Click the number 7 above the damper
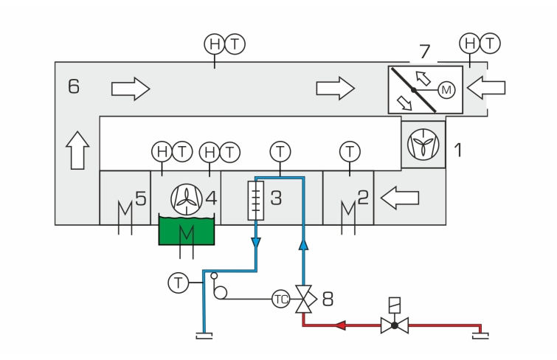coord(424,52)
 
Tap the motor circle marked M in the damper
coord(446,90)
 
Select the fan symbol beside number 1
coord(423,145)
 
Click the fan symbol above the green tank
coord(187,199)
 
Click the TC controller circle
coord(280,300)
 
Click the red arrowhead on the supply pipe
coord(341,325)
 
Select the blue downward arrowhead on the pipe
coord(256,243)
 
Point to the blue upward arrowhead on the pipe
coord(303,244)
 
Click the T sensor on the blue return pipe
coord(178,283)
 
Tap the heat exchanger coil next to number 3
coord(256,201)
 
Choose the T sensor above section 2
coord(350,151)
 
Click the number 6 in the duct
coord(74,86)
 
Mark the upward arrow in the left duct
coord(77,150)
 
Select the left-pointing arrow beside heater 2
coord(400,198)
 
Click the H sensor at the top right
coord(470,44)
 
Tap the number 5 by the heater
coord(141,198)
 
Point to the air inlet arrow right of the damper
coord(486,88)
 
